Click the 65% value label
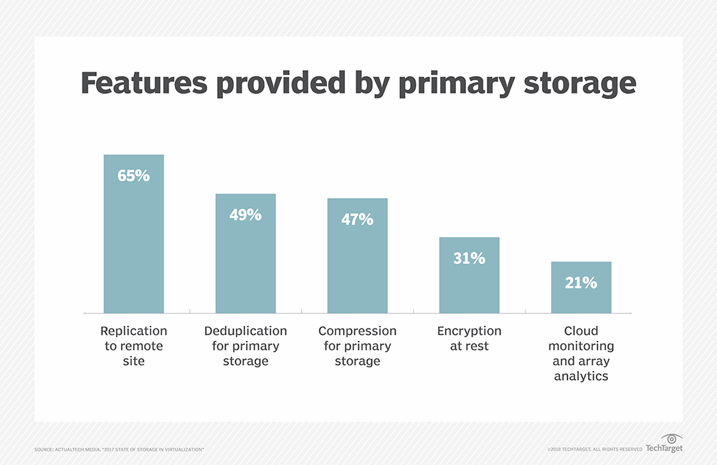point(133,174)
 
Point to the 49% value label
point(245,214)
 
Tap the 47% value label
point(357,219)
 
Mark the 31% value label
point(469,258)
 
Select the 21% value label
point(581,283)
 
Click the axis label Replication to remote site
point(133,346)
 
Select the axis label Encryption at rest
point(469,338)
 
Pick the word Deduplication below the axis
point(245,331)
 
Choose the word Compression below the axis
point(357,331)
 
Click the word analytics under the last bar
point(581,376)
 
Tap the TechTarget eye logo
point(673,438)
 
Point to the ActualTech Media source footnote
point(119,449)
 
